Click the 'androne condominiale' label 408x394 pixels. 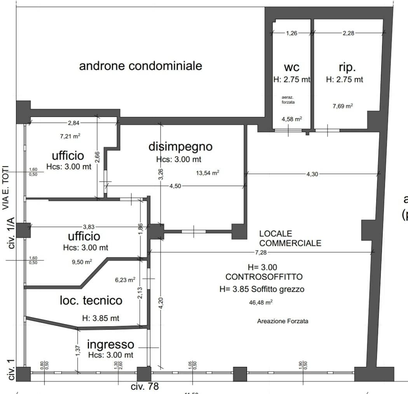(x=141, y=66)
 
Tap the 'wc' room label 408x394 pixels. (x=292, y=67)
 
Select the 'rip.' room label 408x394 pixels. (x=347, y=67)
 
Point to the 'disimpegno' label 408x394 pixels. (x=181, y=146)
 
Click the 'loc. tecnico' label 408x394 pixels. (x=91, y=300)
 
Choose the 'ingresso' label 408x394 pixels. (x=110, y=344)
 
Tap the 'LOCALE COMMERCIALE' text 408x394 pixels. (x=290, y=239)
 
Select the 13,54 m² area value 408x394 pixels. (x=207, y=173)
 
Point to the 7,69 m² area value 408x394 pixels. (x=343, y=106)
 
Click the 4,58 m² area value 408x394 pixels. (x=292, y=119)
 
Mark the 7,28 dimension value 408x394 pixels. (x=261, y=253)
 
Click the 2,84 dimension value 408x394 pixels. (x=73, y=123)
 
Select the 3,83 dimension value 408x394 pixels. (x=89, y=227)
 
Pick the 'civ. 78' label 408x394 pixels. (x=145, y=387)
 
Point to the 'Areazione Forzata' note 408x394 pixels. (x=282, y=321)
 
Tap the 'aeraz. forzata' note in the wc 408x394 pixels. (x=288, y=99)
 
